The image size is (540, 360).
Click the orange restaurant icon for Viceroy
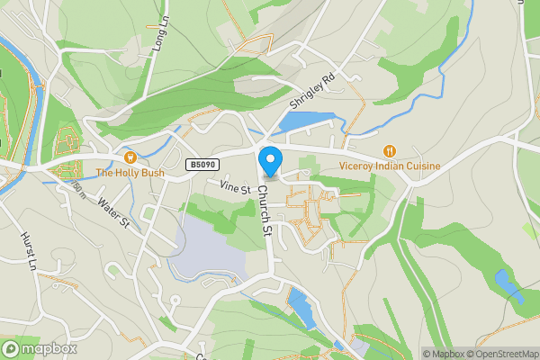(x=390, y=151)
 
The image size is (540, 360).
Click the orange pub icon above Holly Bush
(x=130, y=157)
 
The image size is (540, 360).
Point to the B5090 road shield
(x=202, y=165)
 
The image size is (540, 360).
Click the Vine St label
(x=234, y=185)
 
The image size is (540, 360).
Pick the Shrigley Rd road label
(x=311, y=91)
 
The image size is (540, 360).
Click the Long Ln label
(x=162, y=36)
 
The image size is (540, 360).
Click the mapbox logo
(x=40, y=348)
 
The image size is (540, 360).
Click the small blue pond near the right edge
(x=508, y=286)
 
